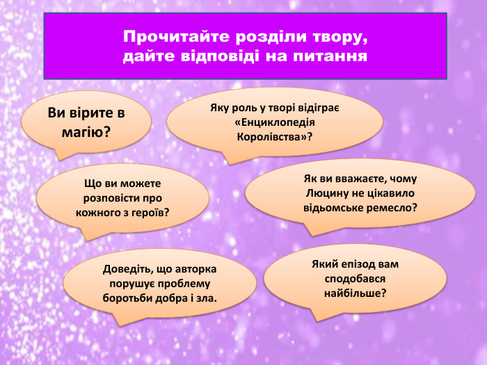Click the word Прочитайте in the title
pos(161,35)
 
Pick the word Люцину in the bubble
pos(328,192)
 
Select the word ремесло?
pos(394,206)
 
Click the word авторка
pos(196,270)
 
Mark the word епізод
pos(363,265)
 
